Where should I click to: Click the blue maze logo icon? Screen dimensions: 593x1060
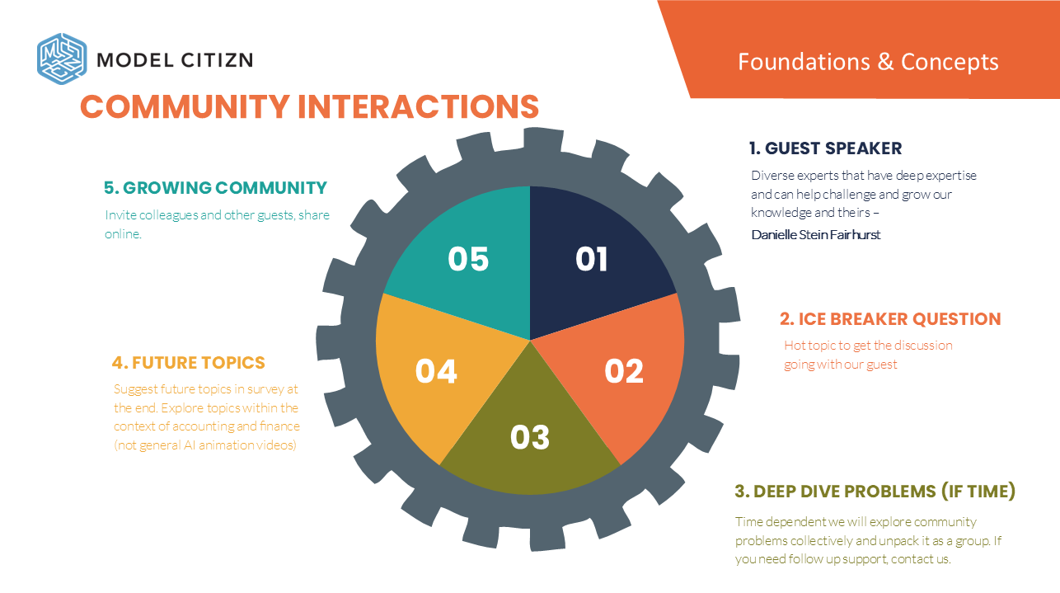pos(62,58)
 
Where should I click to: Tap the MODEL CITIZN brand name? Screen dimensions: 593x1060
pos(175,59)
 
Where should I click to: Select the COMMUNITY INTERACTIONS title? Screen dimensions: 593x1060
pos(309,107)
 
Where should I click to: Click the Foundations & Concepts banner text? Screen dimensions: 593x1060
pos(868,62)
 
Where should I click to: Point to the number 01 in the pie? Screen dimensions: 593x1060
pos(591,259)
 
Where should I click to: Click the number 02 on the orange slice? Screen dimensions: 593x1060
pos(623,371)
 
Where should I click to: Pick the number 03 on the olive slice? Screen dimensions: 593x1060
pos(529,437)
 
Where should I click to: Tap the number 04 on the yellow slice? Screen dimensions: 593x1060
pos(436,371)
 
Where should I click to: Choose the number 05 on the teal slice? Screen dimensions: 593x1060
pos(468,259)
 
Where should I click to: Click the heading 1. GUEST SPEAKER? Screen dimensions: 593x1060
pos(825,148)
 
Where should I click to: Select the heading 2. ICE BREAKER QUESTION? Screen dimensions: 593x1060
pos(890,319)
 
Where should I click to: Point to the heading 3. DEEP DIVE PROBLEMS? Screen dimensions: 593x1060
pos(875,492)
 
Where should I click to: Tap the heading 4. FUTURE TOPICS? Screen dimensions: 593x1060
pos(189,363)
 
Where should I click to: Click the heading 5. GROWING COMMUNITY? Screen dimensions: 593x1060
pos(215,188)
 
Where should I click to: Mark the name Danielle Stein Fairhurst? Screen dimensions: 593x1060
pos(815,235)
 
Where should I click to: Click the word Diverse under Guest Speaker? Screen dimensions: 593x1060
pos(770,176)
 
